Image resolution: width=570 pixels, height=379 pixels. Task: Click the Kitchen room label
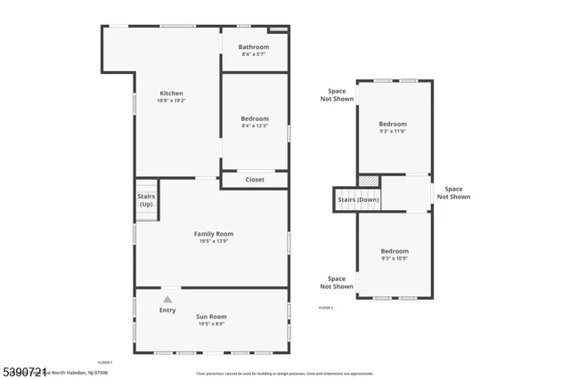(171, 93)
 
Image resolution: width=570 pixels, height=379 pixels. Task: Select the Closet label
(255, 180)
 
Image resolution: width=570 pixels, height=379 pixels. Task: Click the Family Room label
(214, 234)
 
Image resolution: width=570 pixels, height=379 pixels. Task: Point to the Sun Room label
(211, 316)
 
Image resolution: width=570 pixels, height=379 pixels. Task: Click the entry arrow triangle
(167, 300)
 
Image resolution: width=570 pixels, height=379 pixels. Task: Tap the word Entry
(167, 310)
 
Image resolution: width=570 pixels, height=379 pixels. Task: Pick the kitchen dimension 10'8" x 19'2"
(171, 101)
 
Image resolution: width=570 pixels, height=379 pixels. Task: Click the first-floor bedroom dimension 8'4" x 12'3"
(254, 126)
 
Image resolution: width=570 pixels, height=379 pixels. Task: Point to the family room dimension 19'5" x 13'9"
(214, 242)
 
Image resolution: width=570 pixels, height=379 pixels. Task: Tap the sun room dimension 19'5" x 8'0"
(211, 324)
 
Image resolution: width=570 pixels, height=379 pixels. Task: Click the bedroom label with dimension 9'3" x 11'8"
(393, 124)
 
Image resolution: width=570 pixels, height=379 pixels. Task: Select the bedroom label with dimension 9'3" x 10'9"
(395, 251)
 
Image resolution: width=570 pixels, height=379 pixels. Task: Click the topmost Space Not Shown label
(337, 94)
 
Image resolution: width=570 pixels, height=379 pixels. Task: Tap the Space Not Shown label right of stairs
(453, 192)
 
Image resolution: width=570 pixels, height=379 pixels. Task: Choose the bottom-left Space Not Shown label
(337, 282)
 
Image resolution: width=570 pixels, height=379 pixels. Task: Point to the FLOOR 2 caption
(326, 307)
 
